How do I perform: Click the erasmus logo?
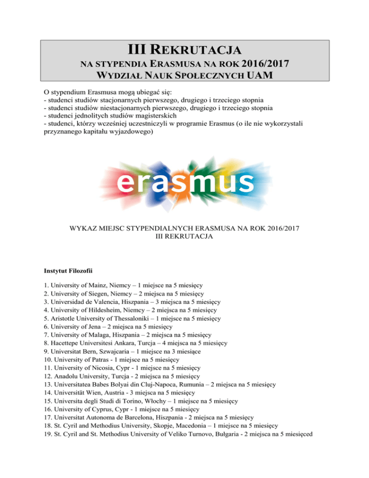185,182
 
